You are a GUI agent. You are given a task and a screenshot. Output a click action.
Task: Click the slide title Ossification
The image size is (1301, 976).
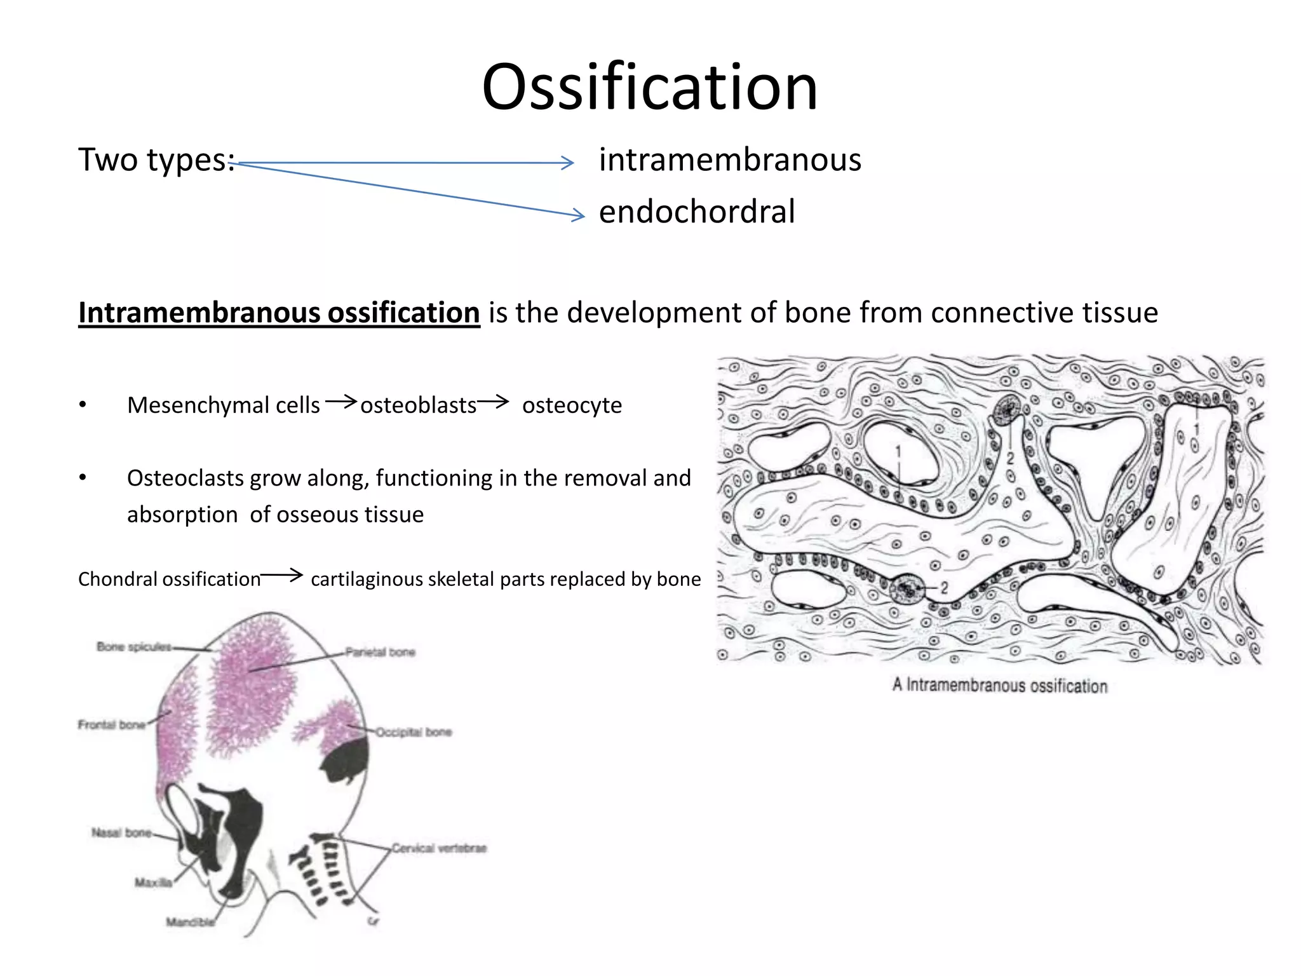point(649,87)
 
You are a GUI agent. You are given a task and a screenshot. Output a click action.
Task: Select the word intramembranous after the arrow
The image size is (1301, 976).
point(730,159)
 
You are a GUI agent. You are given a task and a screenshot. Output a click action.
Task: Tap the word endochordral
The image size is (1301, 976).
point(696,212)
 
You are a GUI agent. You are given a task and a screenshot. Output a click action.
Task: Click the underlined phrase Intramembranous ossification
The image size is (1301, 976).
point(279,313)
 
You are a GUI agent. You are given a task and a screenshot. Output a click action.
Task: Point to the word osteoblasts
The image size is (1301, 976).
point(418,405)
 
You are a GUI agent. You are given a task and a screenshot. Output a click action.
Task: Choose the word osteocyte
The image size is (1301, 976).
point(572,405)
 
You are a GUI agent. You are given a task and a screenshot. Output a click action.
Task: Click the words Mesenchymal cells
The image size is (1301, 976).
point(224,405)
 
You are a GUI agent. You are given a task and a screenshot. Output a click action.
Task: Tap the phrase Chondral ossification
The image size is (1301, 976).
point(169,579)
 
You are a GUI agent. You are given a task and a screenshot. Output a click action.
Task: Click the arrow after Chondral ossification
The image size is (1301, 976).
point(282,575)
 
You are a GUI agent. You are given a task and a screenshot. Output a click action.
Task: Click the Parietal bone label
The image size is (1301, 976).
point(380,652)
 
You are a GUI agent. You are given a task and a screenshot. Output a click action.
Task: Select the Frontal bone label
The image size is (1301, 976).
point(112,724)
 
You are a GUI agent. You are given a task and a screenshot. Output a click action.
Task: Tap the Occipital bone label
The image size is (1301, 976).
point(414,732)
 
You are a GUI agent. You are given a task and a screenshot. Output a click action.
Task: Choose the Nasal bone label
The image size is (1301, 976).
point(121,832)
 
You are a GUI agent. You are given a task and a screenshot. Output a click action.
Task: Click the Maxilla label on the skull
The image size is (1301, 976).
point(153,883)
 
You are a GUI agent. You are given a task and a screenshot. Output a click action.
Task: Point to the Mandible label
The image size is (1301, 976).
point(190,922)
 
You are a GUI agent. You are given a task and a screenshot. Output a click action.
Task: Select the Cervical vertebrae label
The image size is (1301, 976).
point(438,848)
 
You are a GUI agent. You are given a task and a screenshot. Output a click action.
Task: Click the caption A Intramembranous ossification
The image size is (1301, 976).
point(1000,686)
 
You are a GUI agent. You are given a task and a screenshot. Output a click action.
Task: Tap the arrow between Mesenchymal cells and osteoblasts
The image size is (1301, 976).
point(340,401)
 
